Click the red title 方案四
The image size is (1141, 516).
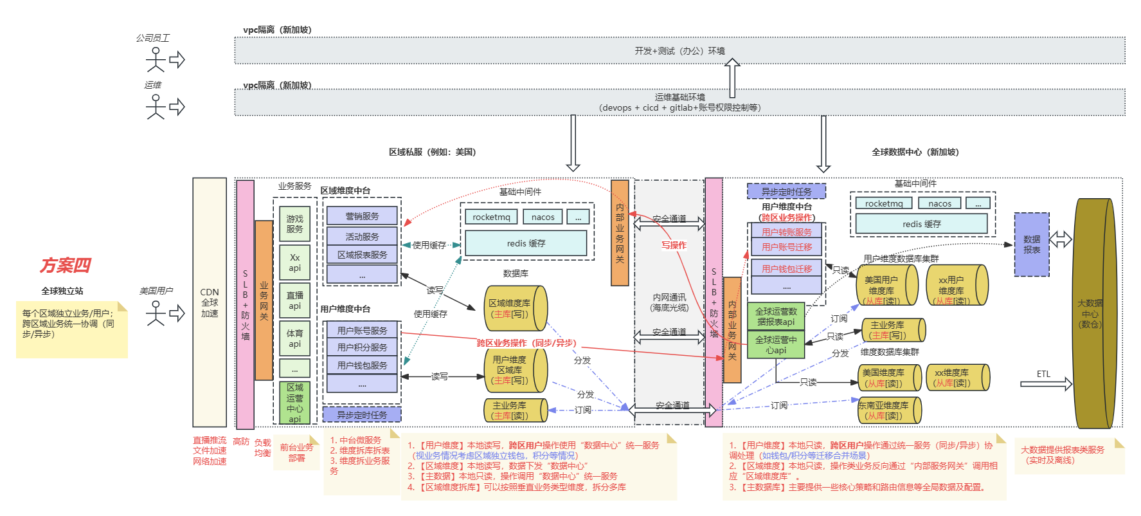click(x=66, y=265)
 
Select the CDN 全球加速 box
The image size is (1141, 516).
click(x=210, y=302)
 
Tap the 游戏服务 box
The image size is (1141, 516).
click(x=294, y=224)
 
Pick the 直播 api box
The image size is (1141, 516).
click(x=294, y=300)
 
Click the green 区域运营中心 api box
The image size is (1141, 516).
click(x=294, y=403)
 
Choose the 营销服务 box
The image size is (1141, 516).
click(x=362, y=216)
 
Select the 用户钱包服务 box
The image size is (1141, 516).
click(x=362, y=365)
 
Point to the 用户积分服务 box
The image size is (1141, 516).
click(x=362, y=347)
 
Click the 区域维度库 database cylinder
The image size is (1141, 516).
click(x=514, y=308)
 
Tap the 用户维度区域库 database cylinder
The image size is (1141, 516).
click(x=514, y=370)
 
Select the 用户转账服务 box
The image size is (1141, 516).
click(x=786, y=232)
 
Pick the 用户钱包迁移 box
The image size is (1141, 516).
click(x=786, y=268)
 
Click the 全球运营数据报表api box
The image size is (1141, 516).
click(x=776, y=317)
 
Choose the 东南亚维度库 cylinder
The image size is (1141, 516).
click(x=889, y=410)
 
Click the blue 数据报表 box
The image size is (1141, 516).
click(x=1031, y=244)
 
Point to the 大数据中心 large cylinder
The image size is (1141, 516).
click(x=1094, y=313)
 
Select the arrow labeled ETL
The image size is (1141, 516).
click(x=1046, y=384)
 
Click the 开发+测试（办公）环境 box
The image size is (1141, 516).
click(x=679, y=51)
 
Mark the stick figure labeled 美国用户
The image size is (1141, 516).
click(x=156, y=313)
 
